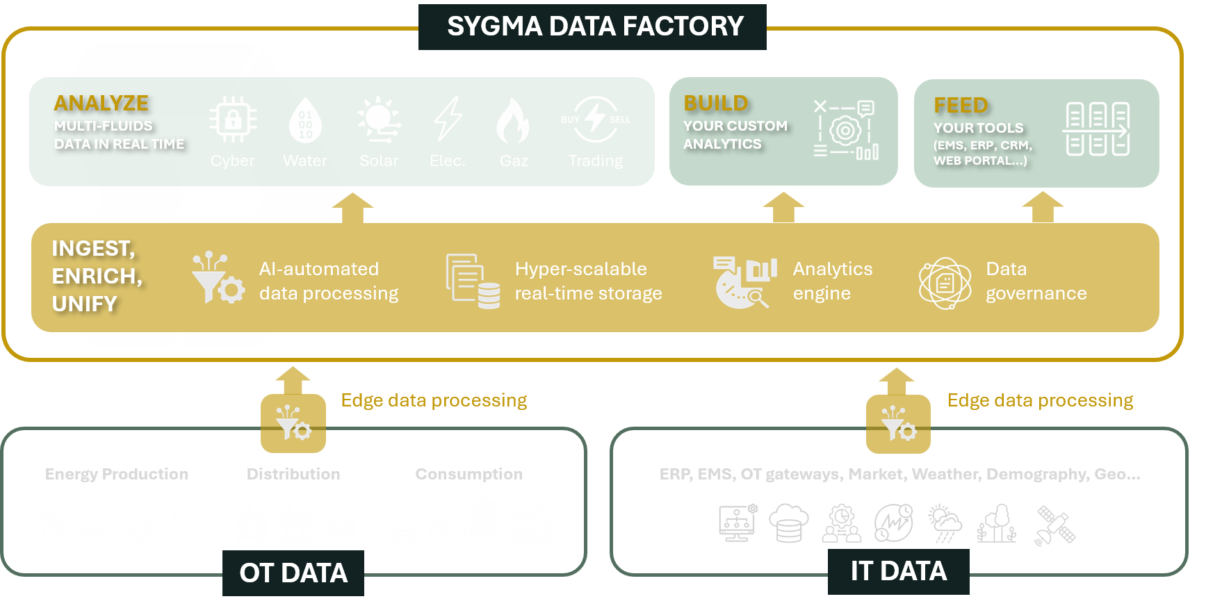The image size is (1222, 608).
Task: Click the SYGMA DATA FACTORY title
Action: tap(594, 26)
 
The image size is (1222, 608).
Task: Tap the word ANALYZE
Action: tap(101, 104)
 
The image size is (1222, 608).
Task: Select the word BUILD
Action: tap(716, 104)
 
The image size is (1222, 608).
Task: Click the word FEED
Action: tap(961, 106)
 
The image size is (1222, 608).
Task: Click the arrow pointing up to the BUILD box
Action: tap(783, 207)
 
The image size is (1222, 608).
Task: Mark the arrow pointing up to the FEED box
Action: tap(1043, 207)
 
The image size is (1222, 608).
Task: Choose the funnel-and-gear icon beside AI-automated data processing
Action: tap(218, 279)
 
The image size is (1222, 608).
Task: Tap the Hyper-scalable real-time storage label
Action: tap(588, 281)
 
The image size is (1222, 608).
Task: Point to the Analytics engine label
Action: tap(832, 281)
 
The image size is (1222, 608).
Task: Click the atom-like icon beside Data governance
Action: tap(945, 283)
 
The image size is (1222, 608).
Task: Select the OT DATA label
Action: tap(293, 573)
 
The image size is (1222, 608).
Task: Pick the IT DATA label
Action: tap(898, 571)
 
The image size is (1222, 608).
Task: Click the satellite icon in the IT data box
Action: tap(1055, 525)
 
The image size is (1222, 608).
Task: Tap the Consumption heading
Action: tap(469, 474)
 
